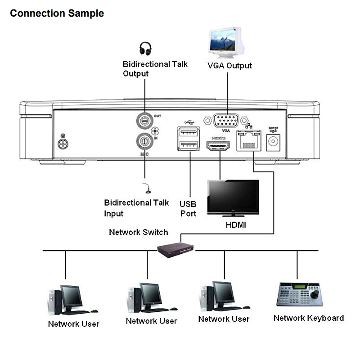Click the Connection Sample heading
click(x=57, y=13)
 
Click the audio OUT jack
click(x=144, y=120)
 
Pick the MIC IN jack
click(x=144, y=140)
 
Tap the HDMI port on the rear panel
click(x=218, y=146)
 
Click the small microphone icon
click(x=145, y=188)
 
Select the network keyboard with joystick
click(x=298, y=295)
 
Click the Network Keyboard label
click(x=308, y=318)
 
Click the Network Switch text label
click(x=138, y=232)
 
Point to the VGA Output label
click(x=229, y=66)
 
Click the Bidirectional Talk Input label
click(x=134, y=208)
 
